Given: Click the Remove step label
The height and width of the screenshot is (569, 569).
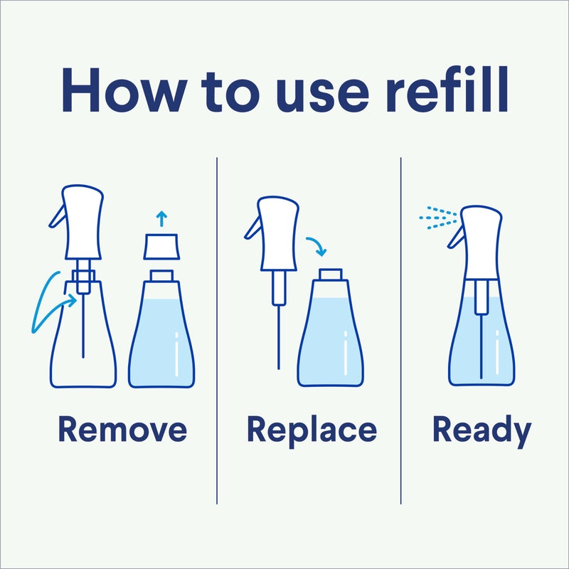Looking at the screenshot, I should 122,430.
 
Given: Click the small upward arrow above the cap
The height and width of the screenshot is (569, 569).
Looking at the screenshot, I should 161,218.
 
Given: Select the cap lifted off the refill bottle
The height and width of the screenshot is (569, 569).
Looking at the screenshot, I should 161,247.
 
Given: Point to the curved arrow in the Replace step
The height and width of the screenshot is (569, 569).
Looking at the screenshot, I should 314,245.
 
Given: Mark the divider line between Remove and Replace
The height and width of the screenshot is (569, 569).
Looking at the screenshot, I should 217,327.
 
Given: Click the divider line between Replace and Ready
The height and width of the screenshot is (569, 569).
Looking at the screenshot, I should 401,327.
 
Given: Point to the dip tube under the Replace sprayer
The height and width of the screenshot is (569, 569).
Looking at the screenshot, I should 277,327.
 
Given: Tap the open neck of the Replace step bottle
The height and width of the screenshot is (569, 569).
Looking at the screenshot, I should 330,274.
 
